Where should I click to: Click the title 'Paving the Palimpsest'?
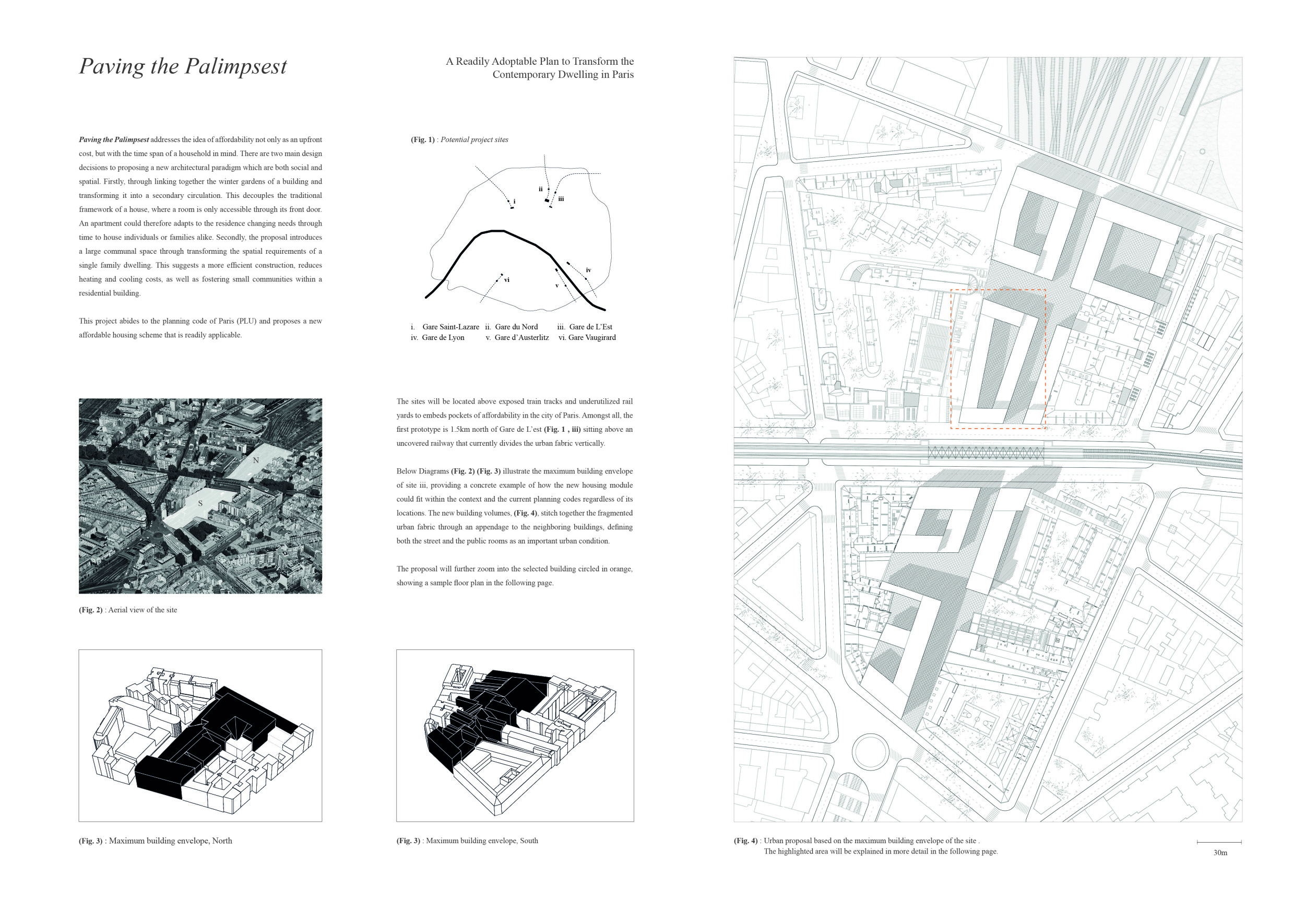[183, 66]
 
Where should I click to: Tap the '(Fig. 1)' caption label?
[422, 140]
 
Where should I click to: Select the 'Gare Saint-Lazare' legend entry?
[450, 327]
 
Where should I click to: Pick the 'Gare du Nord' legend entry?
[516, 327]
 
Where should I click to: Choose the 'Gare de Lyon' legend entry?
[443, 338]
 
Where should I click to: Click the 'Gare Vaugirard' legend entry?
[591, 338]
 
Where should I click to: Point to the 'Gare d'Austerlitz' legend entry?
[521, 338]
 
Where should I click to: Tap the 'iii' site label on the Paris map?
[561, 199]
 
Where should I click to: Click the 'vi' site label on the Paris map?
[506, 280]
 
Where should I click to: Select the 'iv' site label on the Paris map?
[588, 270]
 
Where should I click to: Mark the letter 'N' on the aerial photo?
[256, 460]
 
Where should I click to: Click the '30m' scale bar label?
[1220, 853]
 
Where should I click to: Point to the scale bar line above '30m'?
[1219, 842]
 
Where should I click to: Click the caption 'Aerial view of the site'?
[143, 610]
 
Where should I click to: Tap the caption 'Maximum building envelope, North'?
[171, 841]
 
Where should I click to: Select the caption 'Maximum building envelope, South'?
[481, 841]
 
